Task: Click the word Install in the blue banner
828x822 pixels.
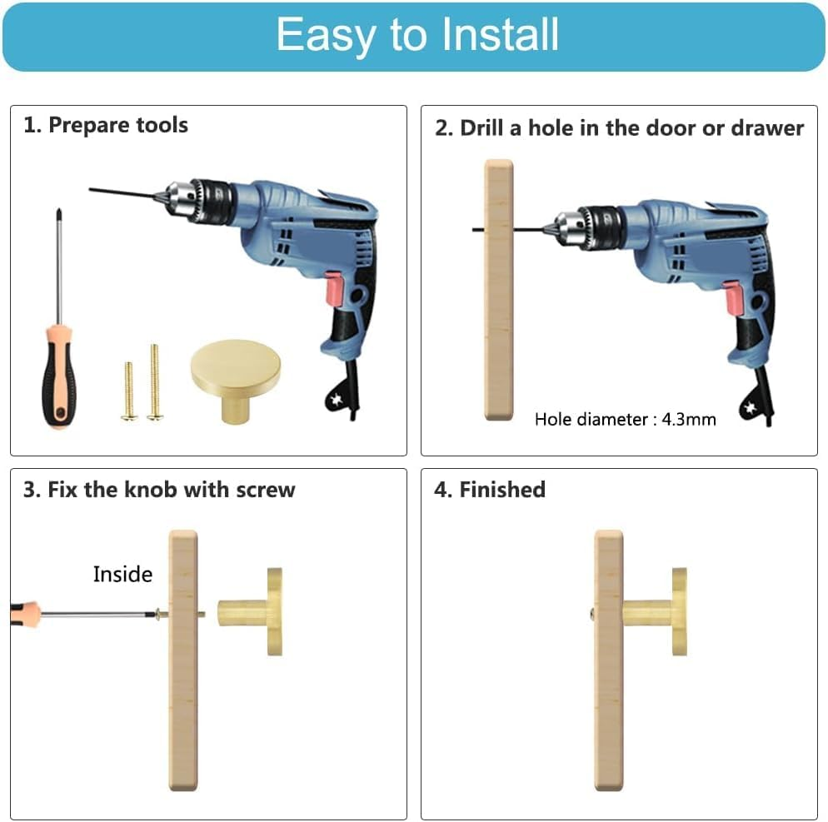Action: point(500,34)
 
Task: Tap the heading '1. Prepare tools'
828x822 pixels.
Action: point(106,125)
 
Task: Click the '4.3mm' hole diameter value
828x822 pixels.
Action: point(689,419)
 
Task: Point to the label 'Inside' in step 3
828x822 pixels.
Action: point(122,574)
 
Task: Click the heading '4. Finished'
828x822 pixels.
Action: point(490,490)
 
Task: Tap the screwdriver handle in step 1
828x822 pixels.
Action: point(59,376)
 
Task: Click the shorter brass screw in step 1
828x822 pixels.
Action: point(129,391)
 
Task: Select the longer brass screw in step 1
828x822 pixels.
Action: point(154,381)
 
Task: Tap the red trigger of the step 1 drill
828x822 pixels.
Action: point(334,288)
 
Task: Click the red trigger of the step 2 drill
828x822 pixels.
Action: point(734,299)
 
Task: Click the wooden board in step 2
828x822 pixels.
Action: point(498,290)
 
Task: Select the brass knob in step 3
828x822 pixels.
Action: point(251,612)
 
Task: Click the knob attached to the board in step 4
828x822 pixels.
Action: point(656,612)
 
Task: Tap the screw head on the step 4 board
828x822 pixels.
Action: point(591,614)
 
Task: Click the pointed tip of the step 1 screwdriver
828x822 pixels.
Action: point(58,211)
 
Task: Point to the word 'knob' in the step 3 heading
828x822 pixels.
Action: point(150,490)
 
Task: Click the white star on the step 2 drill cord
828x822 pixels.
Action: point(750,408)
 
